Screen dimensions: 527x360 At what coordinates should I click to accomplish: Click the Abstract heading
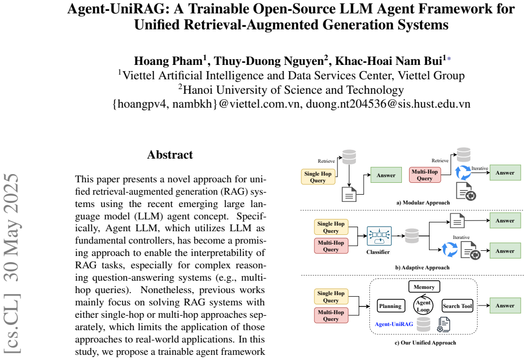(169, 155)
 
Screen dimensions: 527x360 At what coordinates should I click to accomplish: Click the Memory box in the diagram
(424, 287)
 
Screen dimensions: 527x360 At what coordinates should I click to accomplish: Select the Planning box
(390, 306)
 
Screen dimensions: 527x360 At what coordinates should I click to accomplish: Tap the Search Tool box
(457, 306)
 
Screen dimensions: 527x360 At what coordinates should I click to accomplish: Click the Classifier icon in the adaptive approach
(379, 236)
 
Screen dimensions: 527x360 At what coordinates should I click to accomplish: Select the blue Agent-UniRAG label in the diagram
(394, 324)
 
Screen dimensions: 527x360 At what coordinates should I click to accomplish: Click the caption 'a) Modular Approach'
(423, 202)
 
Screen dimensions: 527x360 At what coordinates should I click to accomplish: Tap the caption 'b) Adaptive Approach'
(422, 268)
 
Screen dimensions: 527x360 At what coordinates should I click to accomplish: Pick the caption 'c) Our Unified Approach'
(425, 342)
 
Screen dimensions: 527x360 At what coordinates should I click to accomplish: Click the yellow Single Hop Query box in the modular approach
(318, 177)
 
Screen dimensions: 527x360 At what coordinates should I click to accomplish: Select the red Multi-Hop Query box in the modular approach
(425, 175)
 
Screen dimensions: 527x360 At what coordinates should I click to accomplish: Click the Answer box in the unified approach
(505, 305)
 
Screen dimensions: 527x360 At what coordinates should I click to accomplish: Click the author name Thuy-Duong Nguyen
(269, 61)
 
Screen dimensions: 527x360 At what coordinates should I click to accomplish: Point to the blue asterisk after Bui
(449, 59)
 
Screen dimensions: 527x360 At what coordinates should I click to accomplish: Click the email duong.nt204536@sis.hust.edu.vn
(388, 104)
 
